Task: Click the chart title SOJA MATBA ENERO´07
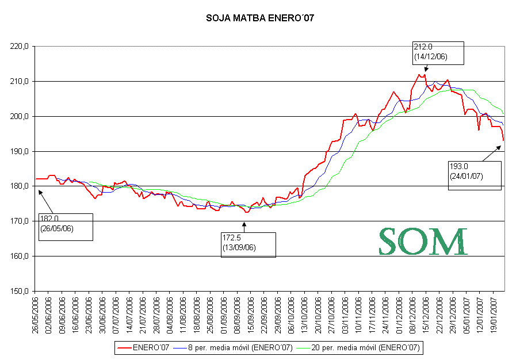coord(260,18)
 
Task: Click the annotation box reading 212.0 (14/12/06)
coord(438,52)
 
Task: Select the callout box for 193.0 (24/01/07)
coord(475,175)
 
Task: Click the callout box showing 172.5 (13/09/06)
coord(248,244)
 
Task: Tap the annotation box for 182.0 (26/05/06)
coord(65,226)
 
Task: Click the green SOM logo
coord(422,242)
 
